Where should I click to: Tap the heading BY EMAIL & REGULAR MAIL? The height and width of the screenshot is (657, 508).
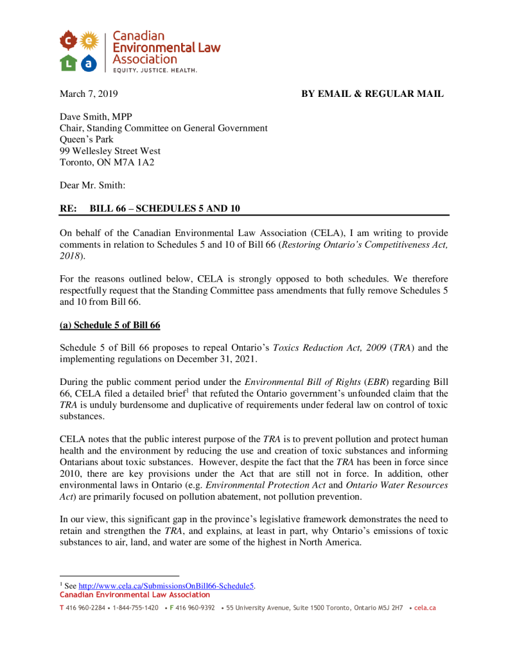(x=372, y=94)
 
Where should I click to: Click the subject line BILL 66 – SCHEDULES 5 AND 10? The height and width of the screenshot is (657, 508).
(x=165, y=209)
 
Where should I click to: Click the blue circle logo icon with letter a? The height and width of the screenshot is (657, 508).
(x=90, y=63)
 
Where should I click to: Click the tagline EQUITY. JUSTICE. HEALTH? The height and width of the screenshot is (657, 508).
(x=155, y=70)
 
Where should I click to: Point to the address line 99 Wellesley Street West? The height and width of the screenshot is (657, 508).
(x=110, y=151)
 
